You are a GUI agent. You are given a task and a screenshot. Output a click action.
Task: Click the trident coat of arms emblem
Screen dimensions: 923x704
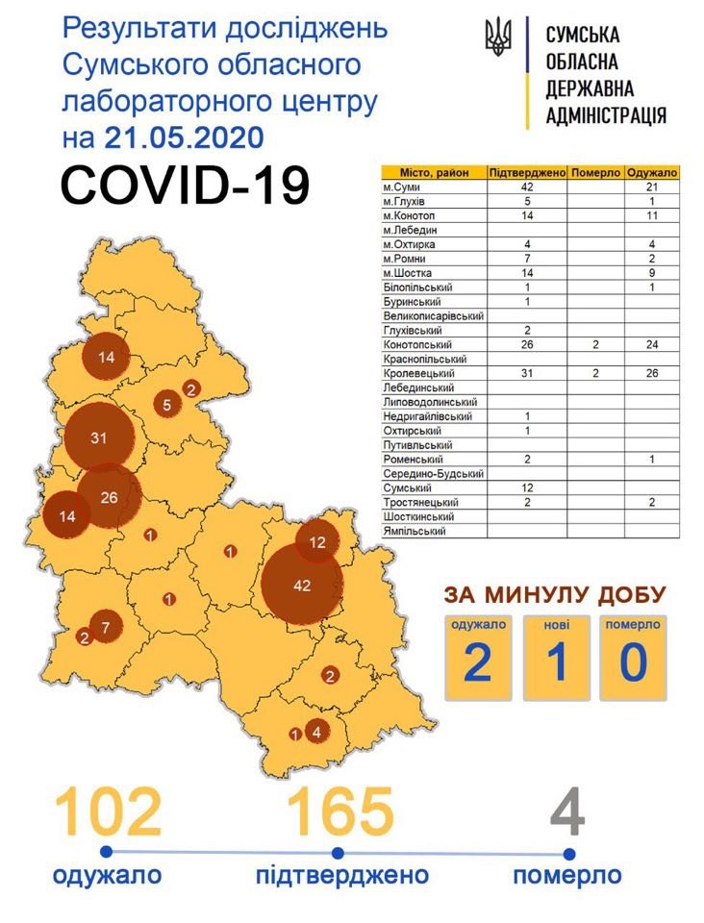pyautogui.click(x=499, y=37)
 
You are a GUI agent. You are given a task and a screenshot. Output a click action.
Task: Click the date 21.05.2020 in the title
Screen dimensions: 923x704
pyautogui.click(x=183, y=137)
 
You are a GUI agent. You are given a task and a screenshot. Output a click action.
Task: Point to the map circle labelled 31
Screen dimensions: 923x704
pyautogui.click(x=97, y=437)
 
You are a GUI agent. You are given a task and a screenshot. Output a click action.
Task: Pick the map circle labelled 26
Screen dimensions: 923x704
pyautogui.click(x=109, y=497)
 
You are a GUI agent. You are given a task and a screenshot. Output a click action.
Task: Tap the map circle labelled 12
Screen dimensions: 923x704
pyautogui.click(x=318, y=542)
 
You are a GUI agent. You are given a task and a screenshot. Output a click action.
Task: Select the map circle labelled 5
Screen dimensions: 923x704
pyautogui.click(x=166, y=405)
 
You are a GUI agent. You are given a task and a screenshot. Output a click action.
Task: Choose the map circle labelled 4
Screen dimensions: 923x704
pyautogui.click(x=316, y=732)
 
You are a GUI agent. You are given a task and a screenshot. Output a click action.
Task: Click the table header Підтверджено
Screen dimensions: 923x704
pyautogui.click(x=526, y=172)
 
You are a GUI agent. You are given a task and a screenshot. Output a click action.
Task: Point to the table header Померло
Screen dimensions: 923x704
pyautogui.click(x=595, y=172)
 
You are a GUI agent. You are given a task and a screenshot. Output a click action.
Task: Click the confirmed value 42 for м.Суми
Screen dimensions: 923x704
pyautogui.click(x=526, y=187)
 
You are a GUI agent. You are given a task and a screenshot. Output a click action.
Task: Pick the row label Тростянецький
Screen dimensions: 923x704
pyautogui.click(x=420, y=502)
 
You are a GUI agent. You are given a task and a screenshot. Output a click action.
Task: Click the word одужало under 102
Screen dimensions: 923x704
pyautogui.click(x=108, y=876)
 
